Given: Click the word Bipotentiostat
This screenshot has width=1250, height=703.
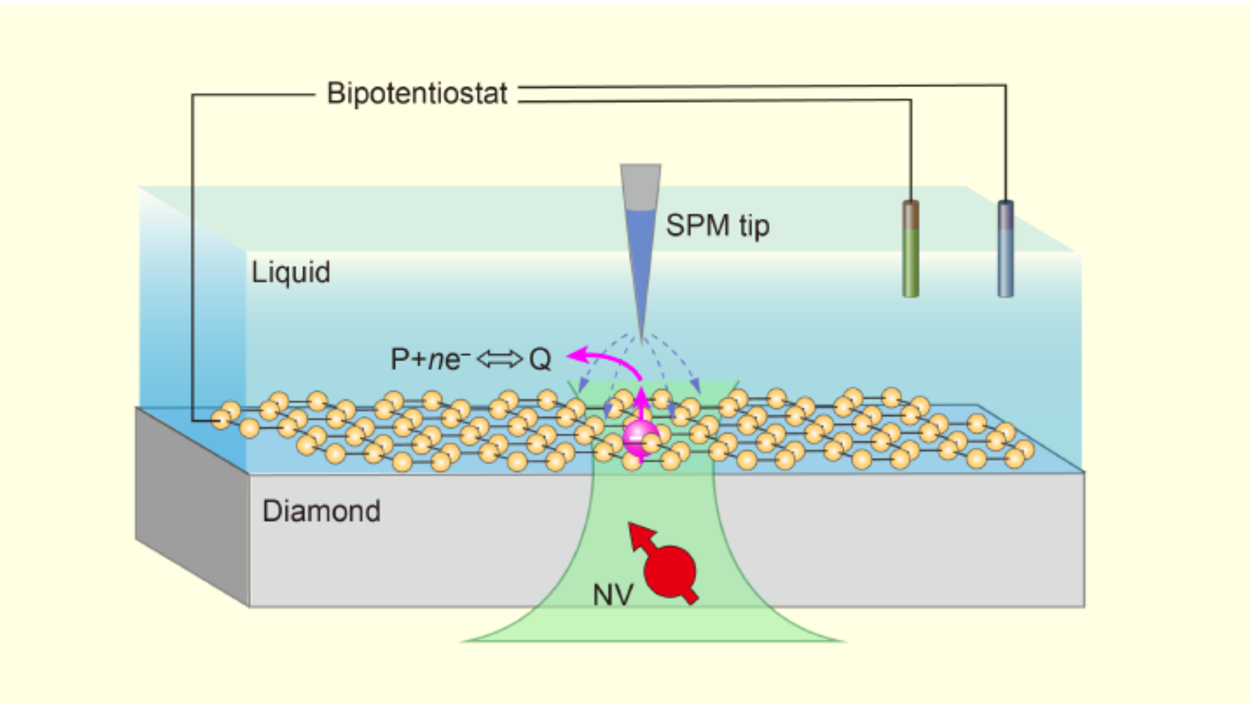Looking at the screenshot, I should pos(417,94).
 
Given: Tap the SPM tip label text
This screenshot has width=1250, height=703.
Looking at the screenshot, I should pos(717,226).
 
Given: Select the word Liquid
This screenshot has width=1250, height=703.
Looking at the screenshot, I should pos(291,272).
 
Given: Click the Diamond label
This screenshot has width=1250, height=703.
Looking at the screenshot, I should pos(322,512).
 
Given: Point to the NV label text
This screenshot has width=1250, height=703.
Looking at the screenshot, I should pos(613,595).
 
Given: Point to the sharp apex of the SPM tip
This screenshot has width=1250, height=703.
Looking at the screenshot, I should pos(642,342).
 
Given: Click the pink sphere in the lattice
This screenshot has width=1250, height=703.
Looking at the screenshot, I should pos(641,438).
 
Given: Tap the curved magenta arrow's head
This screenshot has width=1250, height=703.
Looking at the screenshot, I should pos(574,355).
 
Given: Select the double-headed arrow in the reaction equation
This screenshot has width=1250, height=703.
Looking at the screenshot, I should pos(499,359).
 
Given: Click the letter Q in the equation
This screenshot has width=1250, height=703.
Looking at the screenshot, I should pos(540,359).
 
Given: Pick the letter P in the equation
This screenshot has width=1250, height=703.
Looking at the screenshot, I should pos(399,359).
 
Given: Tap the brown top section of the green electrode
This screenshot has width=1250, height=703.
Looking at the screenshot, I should pos(911,214).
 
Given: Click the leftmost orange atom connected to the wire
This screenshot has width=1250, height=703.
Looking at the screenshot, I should pos(221,420).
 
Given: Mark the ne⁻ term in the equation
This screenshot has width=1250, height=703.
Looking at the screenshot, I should pos(449,359).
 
